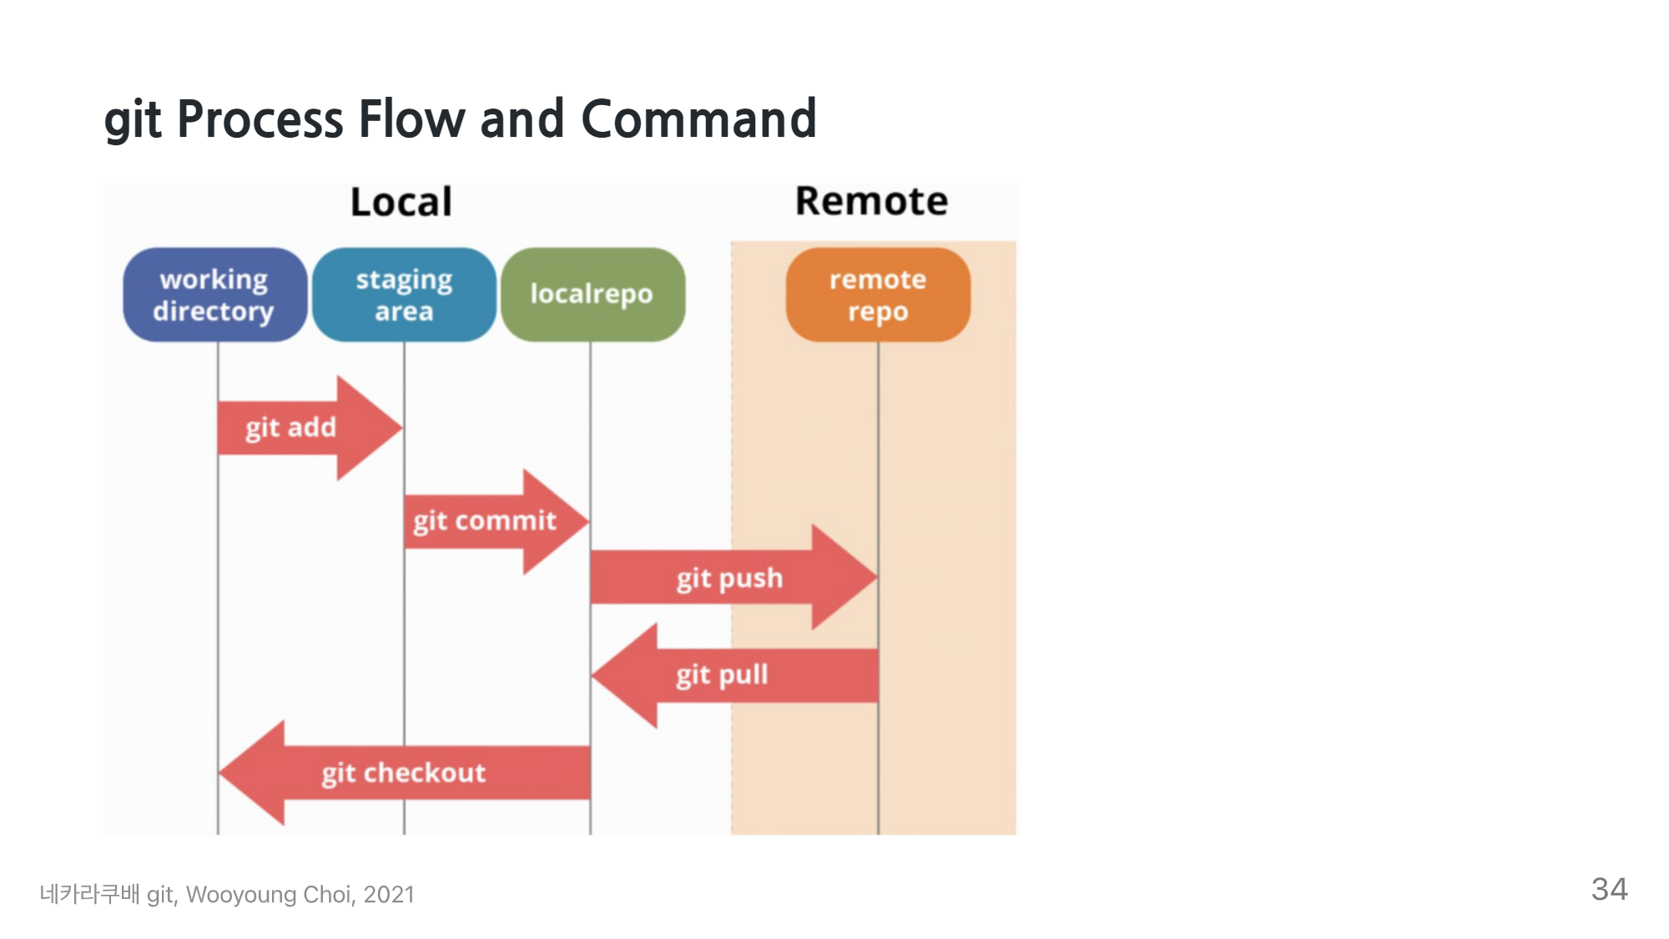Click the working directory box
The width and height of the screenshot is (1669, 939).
click(215, 295)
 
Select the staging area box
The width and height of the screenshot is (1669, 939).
click(404, 295)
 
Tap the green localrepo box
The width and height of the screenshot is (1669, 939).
click(592, 295)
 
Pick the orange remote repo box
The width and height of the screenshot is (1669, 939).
click(878, 295)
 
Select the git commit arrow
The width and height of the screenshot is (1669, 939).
click(497, 522)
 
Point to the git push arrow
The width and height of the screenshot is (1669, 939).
click(734, 577)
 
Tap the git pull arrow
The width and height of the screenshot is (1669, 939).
click(734, 675)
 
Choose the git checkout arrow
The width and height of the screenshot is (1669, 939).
click(404, 773)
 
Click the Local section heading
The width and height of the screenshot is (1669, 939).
click(401, 202)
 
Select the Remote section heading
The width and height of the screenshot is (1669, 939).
click(871, 201)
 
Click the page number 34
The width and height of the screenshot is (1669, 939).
click(1609, 889)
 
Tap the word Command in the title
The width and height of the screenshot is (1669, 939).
click(698, 119)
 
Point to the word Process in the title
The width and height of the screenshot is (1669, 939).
click(260, 119)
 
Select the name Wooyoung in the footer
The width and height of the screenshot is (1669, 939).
click(241, 895)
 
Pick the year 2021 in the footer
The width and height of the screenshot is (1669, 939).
click(389, 895)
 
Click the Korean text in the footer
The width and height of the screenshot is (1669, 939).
click(89, 894)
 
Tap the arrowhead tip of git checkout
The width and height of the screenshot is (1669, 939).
click(219, 773)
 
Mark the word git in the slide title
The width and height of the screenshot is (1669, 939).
click(133, 121)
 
